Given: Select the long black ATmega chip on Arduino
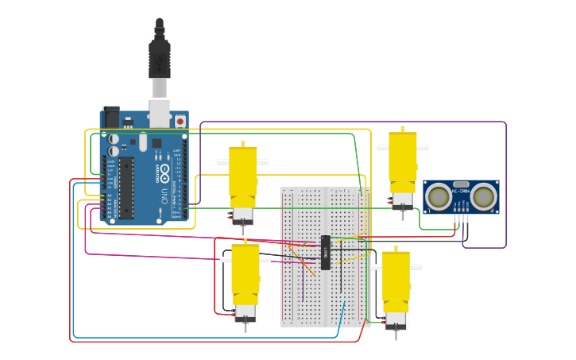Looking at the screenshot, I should pyautogui.click(x=126, y=188).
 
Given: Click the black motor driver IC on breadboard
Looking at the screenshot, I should pyautogui.click(x=325, y=253).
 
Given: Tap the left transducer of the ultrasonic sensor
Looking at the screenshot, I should pyautogui.click(x=438, y=195).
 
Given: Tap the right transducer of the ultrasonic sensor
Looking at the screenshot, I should pyautogui.click(x=484, y=195).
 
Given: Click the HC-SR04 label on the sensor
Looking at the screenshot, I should pyautogui.click(x=461, y=192).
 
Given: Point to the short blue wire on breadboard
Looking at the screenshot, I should pyautogui.click(x=342, y=314).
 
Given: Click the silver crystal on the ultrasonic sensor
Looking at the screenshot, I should pyautogui.click(x=461, y=184).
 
